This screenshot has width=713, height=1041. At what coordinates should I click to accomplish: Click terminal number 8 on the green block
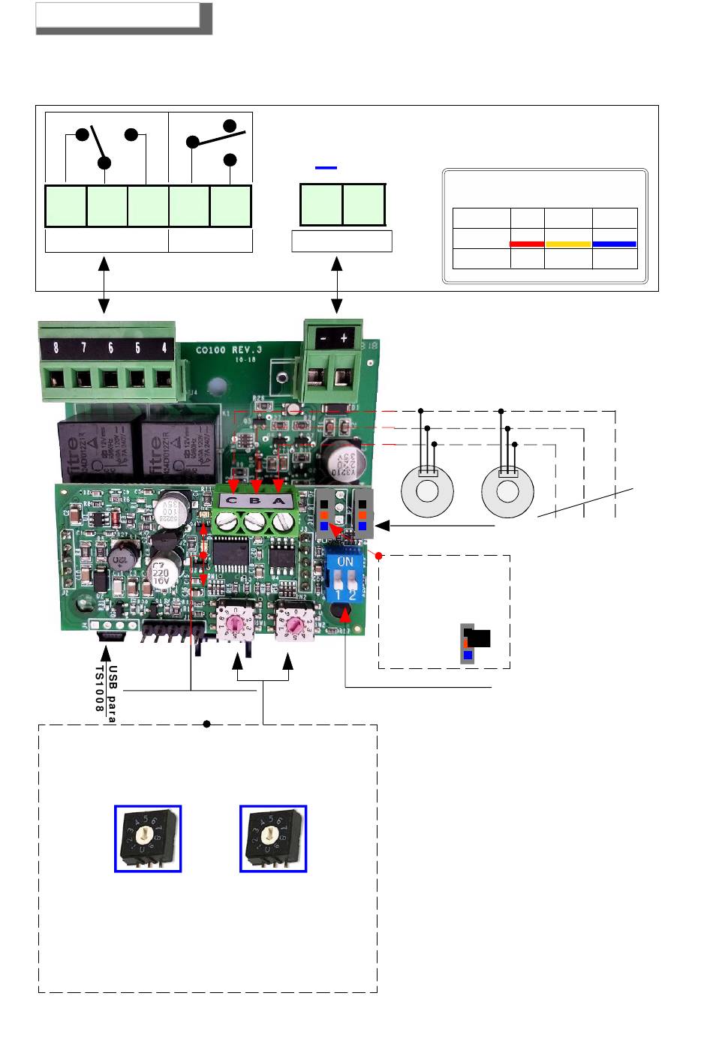coord(56,347)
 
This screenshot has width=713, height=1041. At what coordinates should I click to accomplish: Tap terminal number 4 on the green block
coord(164,347)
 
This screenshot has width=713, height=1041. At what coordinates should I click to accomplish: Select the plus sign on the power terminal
coord(344,338)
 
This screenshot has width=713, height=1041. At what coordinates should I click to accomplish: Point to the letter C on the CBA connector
coord(232,501)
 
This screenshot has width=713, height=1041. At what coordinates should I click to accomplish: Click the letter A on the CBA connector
coord(279,501)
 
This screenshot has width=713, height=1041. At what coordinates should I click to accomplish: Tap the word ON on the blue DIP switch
coord(345,561)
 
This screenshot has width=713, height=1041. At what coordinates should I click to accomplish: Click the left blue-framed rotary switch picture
coord(148,838)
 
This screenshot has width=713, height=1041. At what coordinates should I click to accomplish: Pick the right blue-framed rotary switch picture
coord(273,838)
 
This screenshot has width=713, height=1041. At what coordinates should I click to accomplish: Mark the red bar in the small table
coord(527,244)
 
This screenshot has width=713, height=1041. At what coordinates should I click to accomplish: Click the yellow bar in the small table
coord(568,244)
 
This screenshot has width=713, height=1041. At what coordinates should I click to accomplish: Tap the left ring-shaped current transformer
coord(428,491)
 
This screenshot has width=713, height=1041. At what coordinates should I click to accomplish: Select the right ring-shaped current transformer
coord(508,491)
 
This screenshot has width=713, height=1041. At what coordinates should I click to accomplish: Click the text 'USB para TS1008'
coord(104,694)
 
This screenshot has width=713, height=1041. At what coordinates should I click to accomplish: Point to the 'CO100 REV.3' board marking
coord(226,349)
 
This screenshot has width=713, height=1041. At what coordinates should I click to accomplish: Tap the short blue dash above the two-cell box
coord(326,168)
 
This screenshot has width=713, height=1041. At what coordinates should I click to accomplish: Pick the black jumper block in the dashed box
coord(478,638)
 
